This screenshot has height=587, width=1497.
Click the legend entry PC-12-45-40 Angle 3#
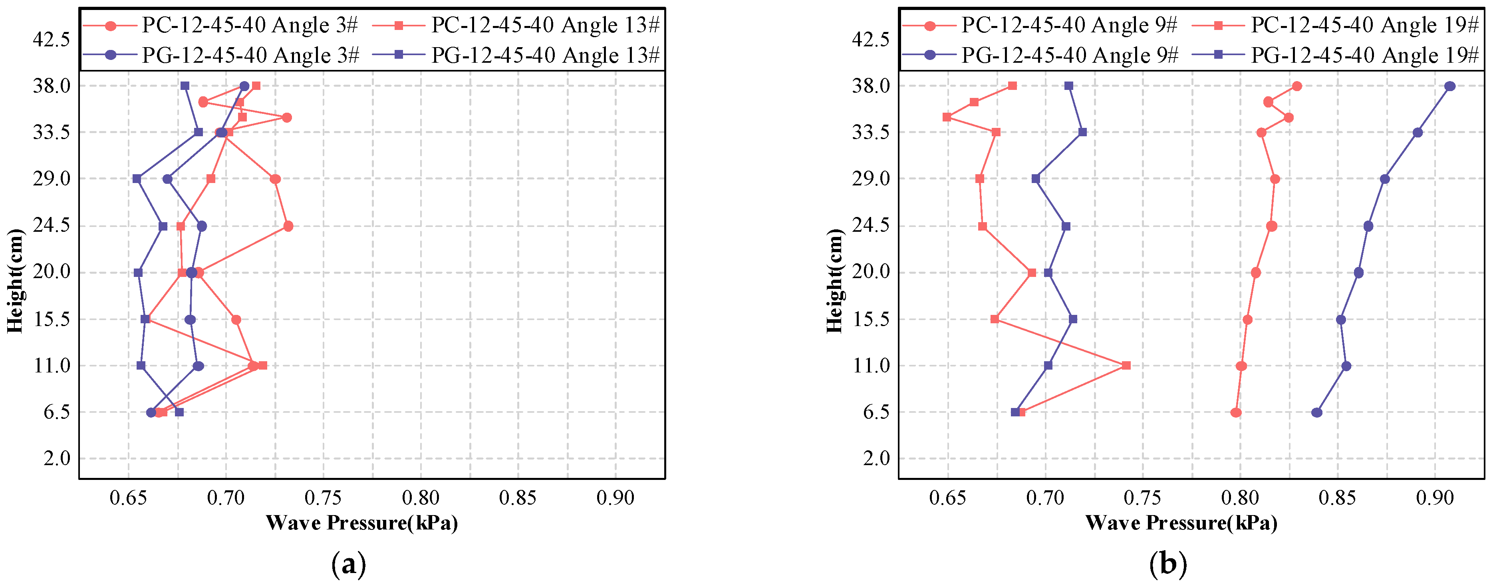point(250,25)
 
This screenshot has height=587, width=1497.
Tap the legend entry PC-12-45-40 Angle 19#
point(1364,25)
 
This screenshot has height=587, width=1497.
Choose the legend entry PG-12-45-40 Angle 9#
point(1069,55)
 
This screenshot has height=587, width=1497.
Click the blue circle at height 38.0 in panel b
point(1450,86)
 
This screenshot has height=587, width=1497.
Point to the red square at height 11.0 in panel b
point(1126,366)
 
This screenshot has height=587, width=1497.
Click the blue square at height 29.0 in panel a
point(137,179)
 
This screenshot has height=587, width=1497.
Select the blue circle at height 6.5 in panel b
point(1317,413)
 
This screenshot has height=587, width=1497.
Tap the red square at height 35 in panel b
point(947,117)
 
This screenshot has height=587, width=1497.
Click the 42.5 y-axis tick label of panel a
point(51,40)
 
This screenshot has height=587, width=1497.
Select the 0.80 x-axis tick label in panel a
point(421,498)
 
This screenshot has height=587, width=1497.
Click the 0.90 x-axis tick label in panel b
point(1435,498)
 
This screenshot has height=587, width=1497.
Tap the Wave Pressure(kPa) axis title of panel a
point(361,523)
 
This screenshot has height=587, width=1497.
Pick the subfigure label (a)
point(349,564)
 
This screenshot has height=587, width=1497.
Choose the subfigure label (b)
point(1168,564)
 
